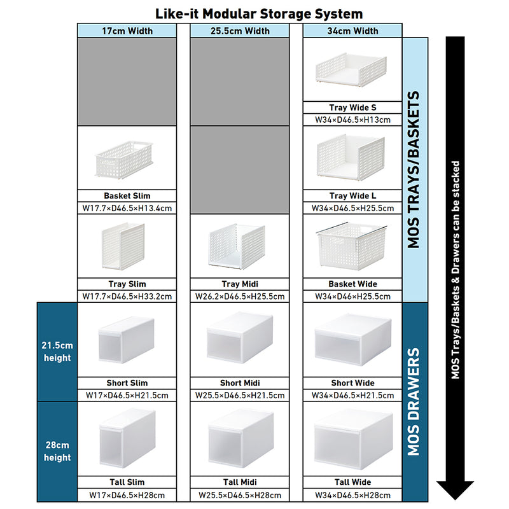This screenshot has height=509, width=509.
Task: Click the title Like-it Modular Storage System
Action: (259, 13)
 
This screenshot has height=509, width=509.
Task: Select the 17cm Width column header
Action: (127, 31)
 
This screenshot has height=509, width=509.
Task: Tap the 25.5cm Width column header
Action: (240, 31)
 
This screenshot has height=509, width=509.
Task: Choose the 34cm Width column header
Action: (352, 31)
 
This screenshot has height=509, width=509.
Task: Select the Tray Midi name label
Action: (240, 284)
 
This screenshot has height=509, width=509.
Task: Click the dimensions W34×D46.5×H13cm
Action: (352, 119)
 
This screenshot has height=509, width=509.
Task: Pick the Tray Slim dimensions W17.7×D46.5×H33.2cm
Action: (127, 296)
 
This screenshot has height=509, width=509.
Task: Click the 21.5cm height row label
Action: (57, 351)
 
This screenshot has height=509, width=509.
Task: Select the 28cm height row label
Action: (57, 451)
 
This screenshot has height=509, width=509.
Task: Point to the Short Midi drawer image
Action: (240, 339)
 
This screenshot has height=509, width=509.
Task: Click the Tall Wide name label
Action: (352, 482)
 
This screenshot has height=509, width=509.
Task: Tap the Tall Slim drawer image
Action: (127, 439)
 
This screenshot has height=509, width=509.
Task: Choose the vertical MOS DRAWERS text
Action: (414, 401)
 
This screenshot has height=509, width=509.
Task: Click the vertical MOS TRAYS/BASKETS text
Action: (414, 170)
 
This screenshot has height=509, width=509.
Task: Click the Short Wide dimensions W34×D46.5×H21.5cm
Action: (352, 395)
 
